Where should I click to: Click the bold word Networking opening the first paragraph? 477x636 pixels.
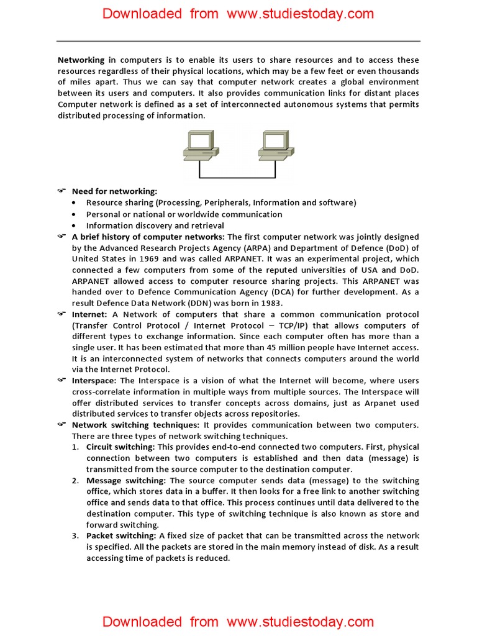[81, 60]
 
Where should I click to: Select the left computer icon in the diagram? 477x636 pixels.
[200, 145]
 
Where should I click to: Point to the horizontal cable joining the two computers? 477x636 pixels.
[238, 178]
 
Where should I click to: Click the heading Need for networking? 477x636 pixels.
[114, 191]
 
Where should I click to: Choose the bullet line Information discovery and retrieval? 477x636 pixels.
[155, 225]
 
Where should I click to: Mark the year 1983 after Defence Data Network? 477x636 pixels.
[270, 303]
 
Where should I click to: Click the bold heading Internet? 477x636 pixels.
[89, 314]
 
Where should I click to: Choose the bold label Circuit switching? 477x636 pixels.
[120, 447]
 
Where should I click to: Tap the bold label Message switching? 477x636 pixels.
[126, 481]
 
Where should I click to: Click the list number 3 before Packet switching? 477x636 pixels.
[75, 536]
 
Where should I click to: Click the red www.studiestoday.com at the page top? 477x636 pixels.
[301, 14]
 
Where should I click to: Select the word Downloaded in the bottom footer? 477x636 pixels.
[142, 622]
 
